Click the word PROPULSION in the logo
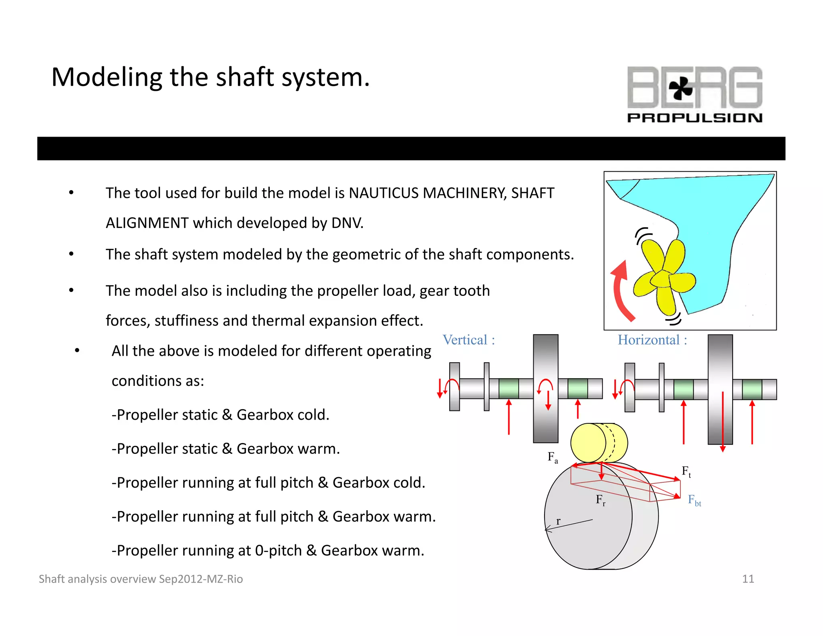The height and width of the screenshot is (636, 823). (694, 118)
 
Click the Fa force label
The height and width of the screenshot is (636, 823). (553, 458)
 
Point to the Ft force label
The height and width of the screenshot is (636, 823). (686, 471)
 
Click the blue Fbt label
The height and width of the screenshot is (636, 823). (694, 500)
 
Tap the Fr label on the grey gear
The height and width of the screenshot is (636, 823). (600, 500)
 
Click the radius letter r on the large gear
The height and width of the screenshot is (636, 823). (558, 521)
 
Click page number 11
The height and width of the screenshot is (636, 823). (747, 579)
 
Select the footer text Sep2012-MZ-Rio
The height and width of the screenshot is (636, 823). (201, 579)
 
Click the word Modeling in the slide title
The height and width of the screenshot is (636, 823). (106, 77)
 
